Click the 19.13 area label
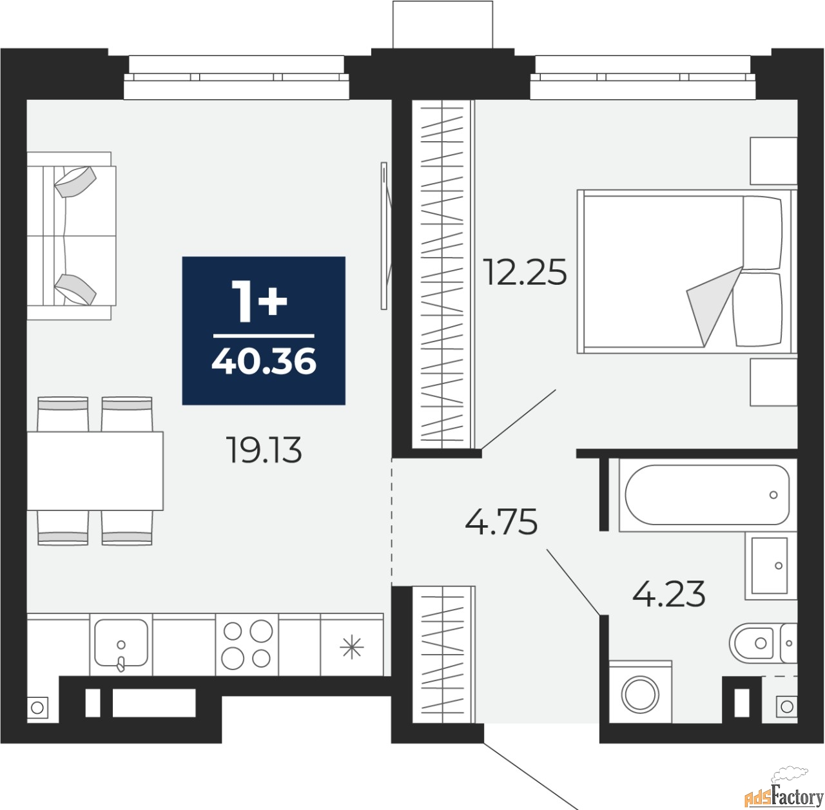click(266, 450)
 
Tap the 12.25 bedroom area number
click(525, 272)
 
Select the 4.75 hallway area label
click(501, 522)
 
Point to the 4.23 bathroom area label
click(669, 593)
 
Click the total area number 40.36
click(264, 361)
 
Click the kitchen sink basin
click(121, 644)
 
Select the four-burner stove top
click(247, 644)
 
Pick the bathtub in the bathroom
click(707, 494)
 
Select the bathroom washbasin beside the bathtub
click(771, 565)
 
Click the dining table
click(95, 471)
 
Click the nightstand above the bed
click(773, 161)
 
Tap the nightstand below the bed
click(773, 382)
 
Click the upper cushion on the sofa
click(75, 182)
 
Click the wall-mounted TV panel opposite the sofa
click(384, 235)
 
